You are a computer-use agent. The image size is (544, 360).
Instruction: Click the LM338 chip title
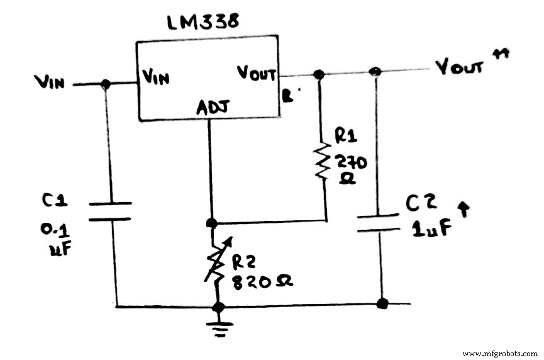coord(203,22)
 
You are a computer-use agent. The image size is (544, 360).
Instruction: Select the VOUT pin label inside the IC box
coord(257,72)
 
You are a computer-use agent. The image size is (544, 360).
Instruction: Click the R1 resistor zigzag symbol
coord(323,160)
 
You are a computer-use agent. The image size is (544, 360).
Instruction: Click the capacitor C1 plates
coord(110,211)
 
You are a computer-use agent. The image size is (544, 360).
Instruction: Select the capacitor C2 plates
coord(378,223)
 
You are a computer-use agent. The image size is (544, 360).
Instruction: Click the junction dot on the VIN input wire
coord(106,84)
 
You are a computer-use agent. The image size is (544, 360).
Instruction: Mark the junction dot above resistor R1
coord(319,74)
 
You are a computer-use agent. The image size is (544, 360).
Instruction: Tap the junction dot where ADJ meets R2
coord(212,223)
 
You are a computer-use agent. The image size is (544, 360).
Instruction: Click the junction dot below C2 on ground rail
coord(381,304)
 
